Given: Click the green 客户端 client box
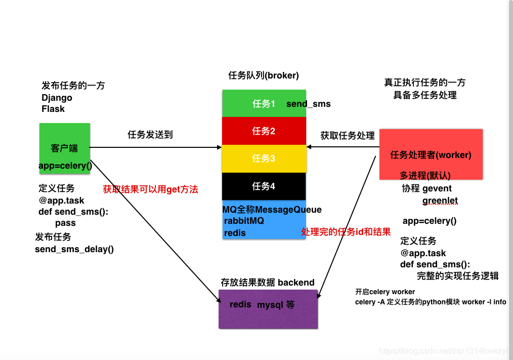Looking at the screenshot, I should tap(65, 148).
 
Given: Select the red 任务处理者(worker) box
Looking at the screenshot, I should tap(431, 154).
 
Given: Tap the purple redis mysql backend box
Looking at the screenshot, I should tap(268, 308).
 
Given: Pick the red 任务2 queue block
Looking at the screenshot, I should tap(264, 131).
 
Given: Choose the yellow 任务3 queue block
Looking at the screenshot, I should tap(264, 158).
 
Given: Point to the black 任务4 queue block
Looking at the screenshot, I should tap(264, 186).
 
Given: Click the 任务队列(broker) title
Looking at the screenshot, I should tap(264, 75).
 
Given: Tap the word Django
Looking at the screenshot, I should tap(57, 98).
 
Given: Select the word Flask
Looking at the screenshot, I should tap(53, 109).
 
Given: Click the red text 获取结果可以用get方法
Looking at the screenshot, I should tap(150, 189).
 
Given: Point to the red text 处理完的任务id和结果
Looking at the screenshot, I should tap(346, 232).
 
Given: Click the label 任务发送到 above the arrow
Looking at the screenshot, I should tap(150, 135).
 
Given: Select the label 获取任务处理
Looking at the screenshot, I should tap(348, 136).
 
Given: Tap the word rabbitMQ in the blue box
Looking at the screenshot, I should tap(244, 221).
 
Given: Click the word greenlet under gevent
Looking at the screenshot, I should tap(440, 201).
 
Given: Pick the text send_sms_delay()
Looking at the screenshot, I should tap(74, 249).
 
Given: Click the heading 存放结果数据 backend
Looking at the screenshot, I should tap(268, 283).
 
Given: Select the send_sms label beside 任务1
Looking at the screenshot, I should tap(308, 104).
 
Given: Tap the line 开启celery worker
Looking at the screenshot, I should tap(385, 292).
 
